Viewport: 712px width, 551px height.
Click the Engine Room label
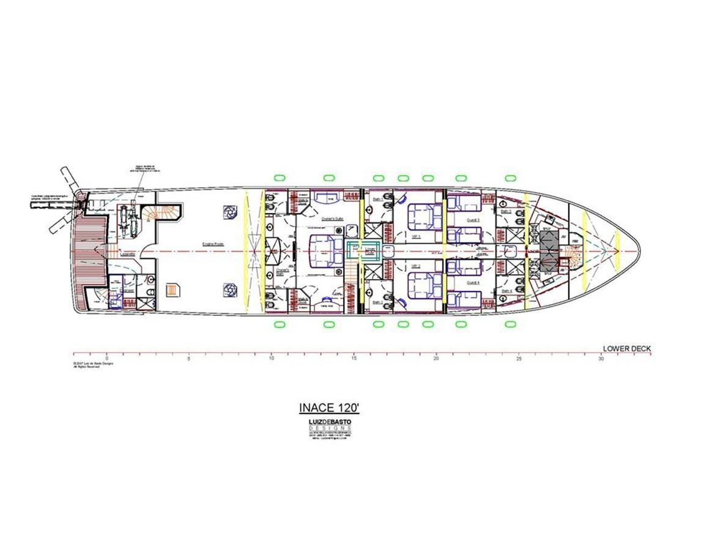(x=213, y=244)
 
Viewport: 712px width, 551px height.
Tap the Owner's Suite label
(x=330, y=218)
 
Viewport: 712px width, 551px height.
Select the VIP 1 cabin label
(x=415, y=233)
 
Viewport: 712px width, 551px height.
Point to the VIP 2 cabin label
(x=415, y=266)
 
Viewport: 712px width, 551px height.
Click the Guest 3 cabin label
(x=473, y=219)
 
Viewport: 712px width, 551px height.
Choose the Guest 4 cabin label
(x=473, y=283)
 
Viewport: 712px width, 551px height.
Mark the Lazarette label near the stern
(x=128, y=253)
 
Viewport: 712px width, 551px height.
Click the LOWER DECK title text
(x=627, y=349)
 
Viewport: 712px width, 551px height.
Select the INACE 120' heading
(x=328, y=408)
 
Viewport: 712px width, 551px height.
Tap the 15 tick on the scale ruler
(x=354, y=359)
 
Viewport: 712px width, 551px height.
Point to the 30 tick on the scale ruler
(x=601, y=359)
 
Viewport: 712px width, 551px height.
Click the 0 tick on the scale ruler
(x=106, y=359)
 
